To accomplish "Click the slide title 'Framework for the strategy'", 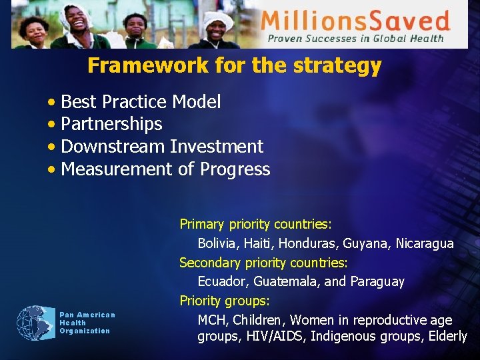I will coord(234,66).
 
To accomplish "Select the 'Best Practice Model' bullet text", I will coord(141,102).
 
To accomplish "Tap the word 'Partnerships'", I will coord(111,124).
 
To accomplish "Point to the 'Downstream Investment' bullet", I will coord(162,147).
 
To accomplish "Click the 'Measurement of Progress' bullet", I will coord(165,169).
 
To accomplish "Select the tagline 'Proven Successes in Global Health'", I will coord(355,39).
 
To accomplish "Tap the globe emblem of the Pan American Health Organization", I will coord(36,323).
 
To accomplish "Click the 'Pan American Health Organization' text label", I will coord(87,323).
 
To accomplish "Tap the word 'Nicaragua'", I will coord(425,244).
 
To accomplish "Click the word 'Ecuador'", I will coord(221,281).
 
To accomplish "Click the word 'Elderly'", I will coord(445,337).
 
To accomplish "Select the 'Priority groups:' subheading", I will coord(224,301).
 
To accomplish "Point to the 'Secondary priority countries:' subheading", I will coord(263,263).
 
